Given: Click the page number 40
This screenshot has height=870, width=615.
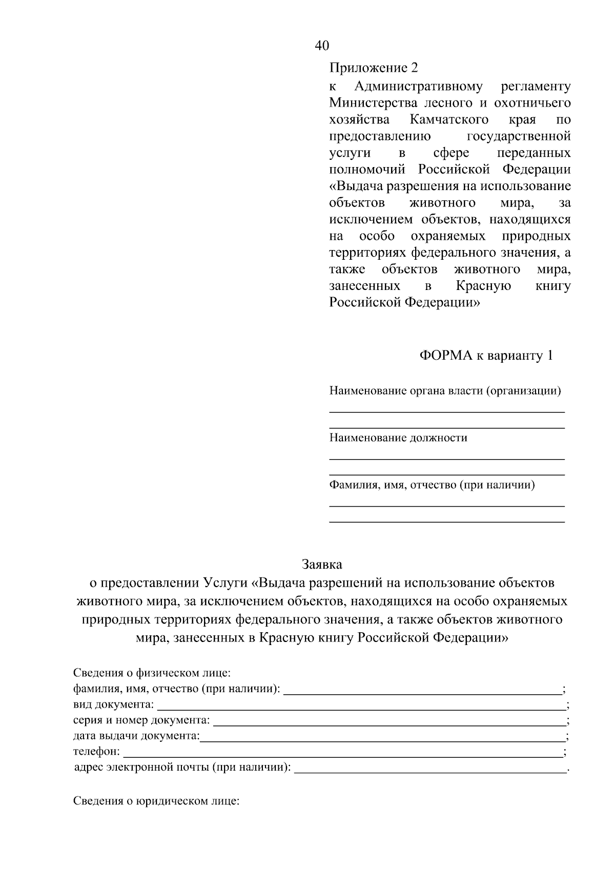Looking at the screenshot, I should tap(322, 46).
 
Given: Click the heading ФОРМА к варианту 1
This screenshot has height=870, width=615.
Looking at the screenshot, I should tap(486, 356).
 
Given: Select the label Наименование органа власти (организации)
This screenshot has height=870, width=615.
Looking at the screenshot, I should tap(445, 391).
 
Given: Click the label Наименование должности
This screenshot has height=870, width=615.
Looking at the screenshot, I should tap(398, 438).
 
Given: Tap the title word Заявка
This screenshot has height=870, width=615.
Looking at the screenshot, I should tap(322, 565).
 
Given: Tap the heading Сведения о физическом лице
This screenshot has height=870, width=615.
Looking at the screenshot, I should tap(152, 672).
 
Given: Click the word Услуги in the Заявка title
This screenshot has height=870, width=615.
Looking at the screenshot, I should tap(224, 583).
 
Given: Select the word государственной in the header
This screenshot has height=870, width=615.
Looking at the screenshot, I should tap(519, 136).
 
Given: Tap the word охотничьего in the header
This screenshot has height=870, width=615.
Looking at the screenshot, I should tap(532, 103).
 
